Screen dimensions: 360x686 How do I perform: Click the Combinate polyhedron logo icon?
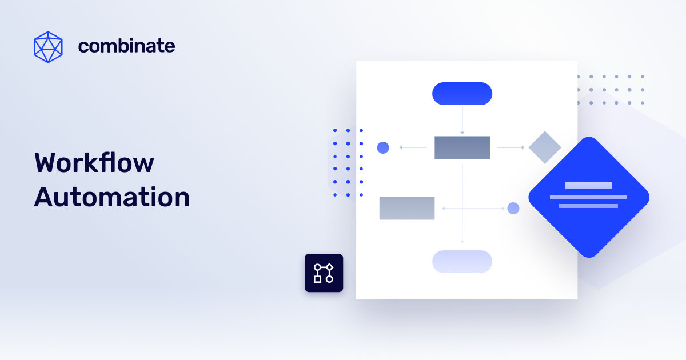(48, 47)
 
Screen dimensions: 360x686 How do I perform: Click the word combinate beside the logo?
(126, 46)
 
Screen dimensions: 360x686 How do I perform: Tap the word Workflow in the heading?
(94, 163)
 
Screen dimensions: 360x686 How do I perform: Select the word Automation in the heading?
(112, 198)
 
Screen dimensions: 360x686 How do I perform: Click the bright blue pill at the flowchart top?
(462, 94)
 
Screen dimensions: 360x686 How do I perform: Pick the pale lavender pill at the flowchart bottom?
(462, 261)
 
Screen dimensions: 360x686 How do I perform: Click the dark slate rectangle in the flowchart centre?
(462, 147)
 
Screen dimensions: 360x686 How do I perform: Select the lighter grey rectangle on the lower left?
(406, 208)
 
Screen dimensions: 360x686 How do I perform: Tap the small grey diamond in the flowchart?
(545, 147)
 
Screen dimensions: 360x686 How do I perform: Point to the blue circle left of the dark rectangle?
(383, 147)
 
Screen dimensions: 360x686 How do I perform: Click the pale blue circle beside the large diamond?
(513, 208)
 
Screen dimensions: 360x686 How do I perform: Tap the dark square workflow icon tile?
(324, 273)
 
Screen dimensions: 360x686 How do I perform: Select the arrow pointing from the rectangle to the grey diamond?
(510, 147)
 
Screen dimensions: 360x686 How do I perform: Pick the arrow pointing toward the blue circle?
(413, 147)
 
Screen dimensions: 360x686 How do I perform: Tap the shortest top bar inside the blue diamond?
(588, 186)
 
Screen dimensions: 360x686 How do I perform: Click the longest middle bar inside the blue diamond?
(588, 197)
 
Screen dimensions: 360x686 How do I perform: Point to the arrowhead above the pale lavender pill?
(462, 242)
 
